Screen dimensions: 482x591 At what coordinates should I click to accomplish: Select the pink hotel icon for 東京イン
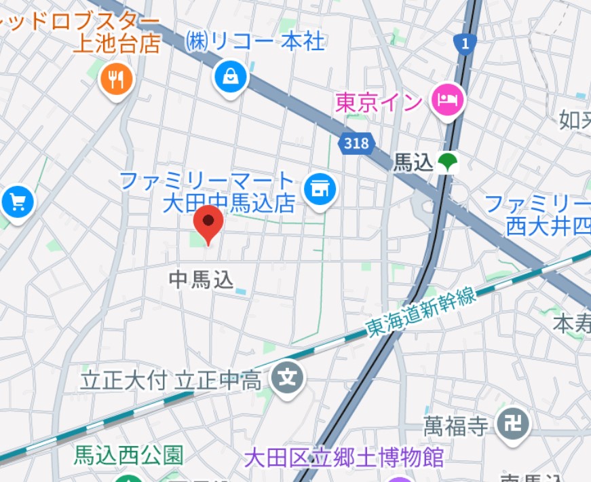coord(447,101)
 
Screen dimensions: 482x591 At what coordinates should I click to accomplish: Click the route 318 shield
coord(356,143)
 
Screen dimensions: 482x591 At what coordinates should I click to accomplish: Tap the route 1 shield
coord(464,44)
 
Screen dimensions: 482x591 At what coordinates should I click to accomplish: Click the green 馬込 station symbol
coord(447,162)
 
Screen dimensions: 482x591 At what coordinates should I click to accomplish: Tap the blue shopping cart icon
coord(16,202)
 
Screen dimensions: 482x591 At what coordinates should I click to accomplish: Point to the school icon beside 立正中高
coord(288,376)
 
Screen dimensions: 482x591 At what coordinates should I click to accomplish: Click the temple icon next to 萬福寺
coord(513,424)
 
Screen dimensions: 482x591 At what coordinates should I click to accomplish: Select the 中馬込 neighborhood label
coord(200,279)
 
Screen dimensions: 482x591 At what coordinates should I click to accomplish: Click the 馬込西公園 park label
coord(128,455)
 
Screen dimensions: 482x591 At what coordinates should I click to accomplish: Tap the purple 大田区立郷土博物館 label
coord(344,457)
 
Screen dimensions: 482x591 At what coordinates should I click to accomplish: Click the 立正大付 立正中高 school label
coord(171,380)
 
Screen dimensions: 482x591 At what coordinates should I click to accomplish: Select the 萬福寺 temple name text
coord(456,426)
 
